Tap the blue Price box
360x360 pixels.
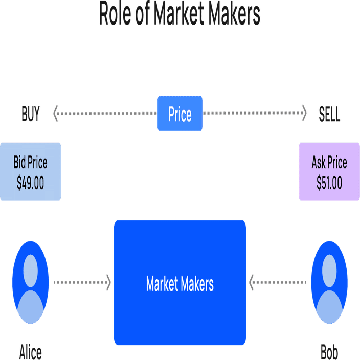pos(179,114)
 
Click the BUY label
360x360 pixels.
pos(30,115)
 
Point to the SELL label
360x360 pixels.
pos(329,115)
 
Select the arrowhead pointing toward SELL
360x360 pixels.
pos(304,114)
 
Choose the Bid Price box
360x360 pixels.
pos(30,172)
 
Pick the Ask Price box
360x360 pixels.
pos(329,172)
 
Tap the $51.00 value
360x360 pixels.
pos(329,183)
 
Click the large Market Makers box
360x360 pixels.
pos(179,283)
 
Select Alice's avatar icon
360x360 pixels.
pos(30,283)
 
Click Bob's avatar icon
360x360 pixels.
pos(329,283)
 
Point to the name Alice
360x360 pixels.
pos(30,352)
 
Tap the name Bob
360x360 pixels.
pos(329,352)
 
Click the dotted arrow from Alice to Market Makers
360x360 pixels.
pos(82,282)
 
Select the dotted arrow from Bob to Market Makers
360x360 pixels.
pos(279,282)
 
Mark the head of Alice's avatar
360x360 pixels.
pos(30,271)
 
